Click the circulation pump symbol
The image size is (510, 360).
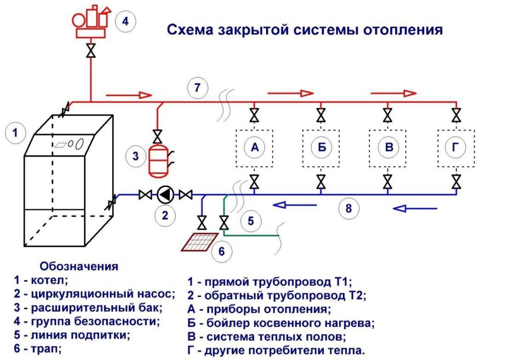pyautogui.click(x=165, y=195)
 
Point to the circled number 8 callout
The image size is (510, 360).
pyautogui.click(x=349, y=208)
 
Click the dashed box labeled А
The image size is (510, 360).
pyautogui.click(x=254, y=148)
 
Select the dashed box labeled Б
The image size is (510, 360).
pyautogui.click(x=321, y=148)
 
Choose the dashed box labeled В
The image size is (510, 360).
pyautogui.click(x=388, y=148)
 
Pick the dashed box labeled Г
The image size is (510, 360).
pyautogui.click(x=456, y=148)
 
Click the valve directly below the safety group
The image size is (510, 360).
pyautogui.click(x=91, y=50)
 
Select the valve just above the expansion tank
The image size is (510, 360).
pyautogui.click(x=159, y=136)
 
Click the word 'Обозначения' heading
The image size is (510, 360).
pyautogui.click(x=79, y=267)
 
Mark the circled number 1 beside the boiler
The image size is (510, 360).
pyautogui.click(x=15, y=133)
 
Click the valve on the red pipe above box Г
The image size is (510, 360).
pyautogui.click(x=456, y=114)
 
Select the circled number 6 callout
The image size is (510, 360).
pyautogui.click(x=222, y=251)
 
